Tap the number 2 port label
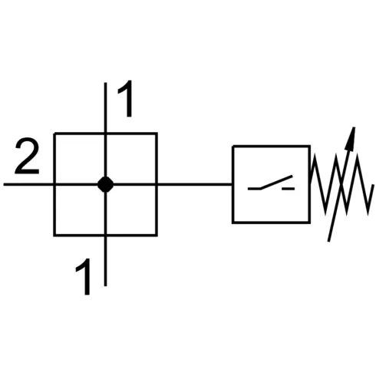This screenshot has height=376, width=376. pyautogui.click(x=27, y=159)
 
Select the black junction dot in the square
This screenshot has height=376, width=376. pyautogui.click(x=105, y=184)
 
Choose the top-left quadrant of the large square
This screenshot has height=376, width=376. pyautogui.click(x=79, y=158)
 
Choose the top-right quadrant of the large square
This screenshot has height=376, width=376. pyautogui.click(x=131, y=158)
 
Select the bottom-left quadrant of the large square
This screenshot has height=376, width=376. pyautogui.click(x=79, y=209)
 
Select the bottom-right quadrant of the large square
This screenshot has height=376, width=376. pyautogui.click(x=131, y=209)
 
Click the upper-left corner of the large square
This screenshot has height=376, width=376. pyautogui.click(x=54, y=134)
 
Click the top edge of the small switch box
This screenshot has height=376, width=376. pyautogui.click(x=271, y=146)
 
